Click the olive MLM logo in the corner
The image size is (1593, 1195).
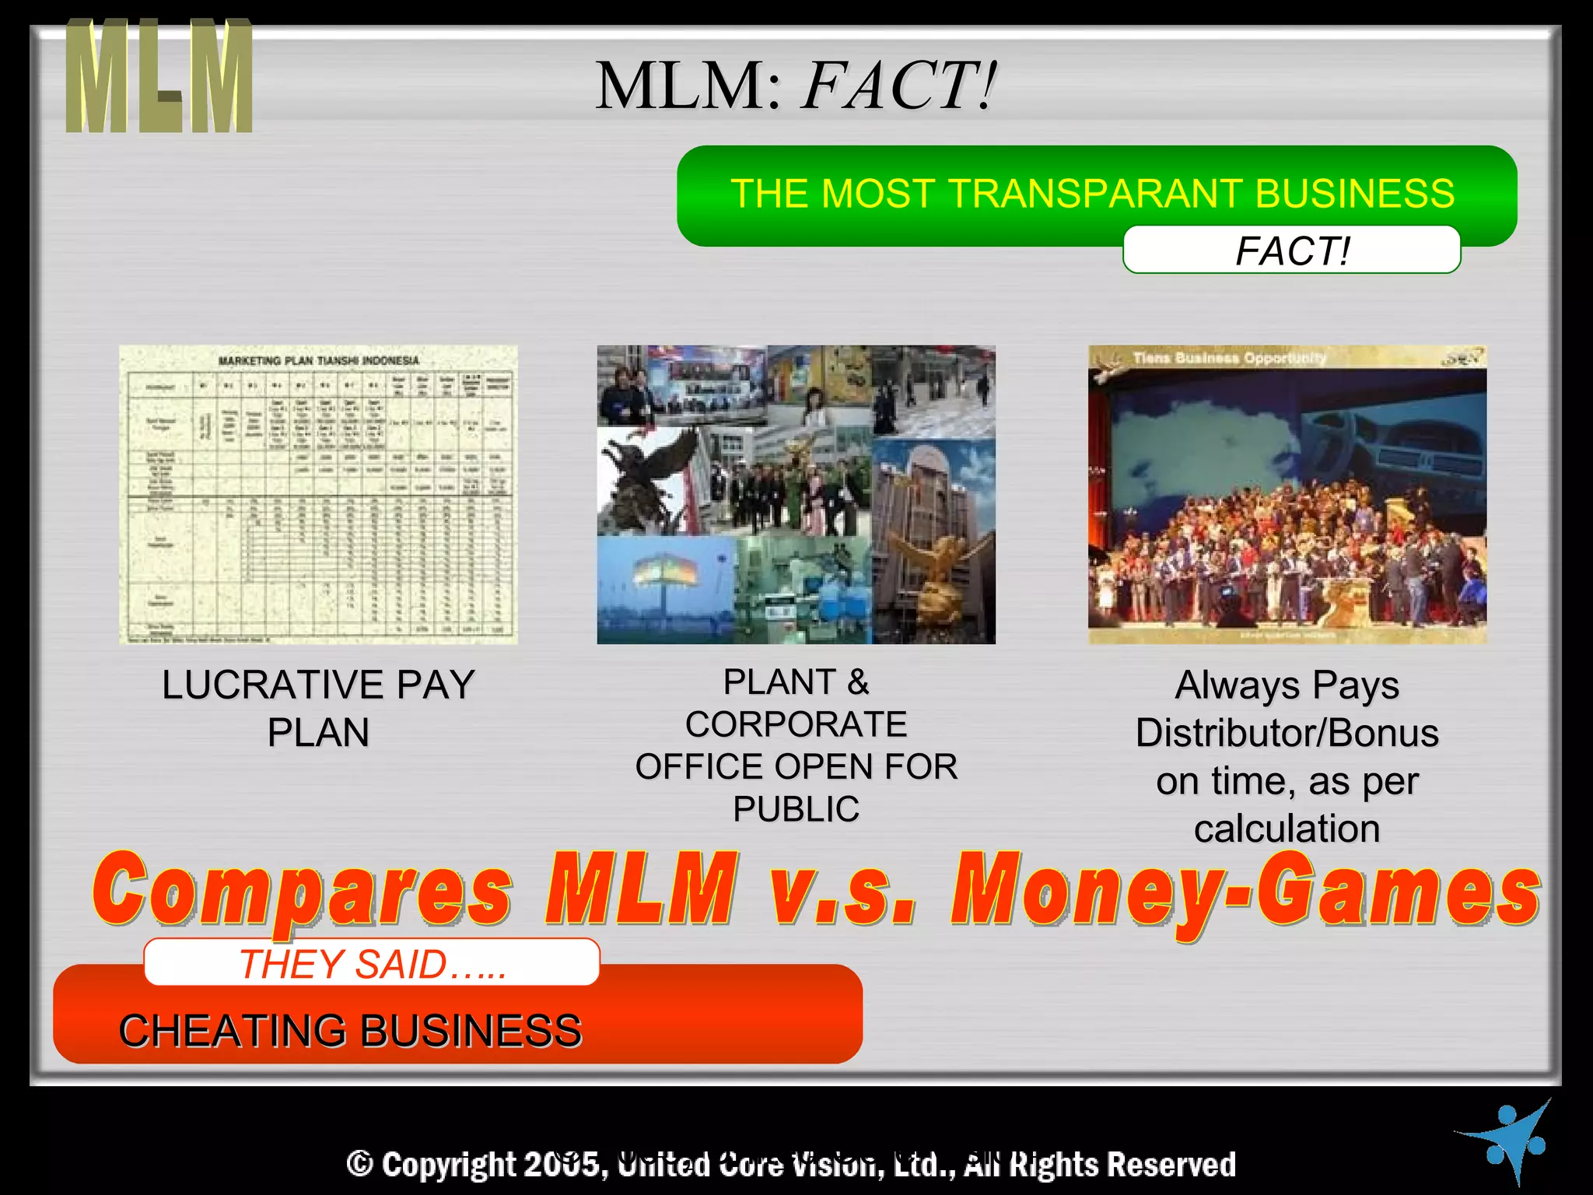(x=159, y=76)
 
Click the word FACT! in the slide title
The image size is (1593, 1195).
(x=898, y=86)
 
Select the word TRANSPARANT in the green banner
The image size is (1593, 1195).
(x=1094, y=193)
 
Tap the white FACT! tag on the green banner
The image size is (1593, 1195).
(x=1291, y=251)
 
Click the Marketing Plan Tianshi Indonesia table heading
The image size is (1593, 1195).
(x=318, y=361)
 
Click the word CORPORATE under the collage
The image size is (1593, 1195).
(x=796, y=724)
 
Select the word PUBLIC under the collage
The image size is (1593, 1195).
(x=796, y=809)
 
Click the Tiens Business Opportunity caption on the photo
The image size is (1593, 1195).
(x=1229, y=358)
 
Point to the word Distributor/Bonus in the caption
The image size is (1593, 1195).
(x=1287, y=733)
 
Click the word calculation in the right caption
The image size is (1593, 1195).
(x=1287, y=829)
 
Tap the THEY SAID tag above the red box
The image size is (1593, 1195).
(x=372, y=963)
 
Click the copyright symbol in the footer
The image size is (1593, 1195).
(x=359, y=1164)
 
